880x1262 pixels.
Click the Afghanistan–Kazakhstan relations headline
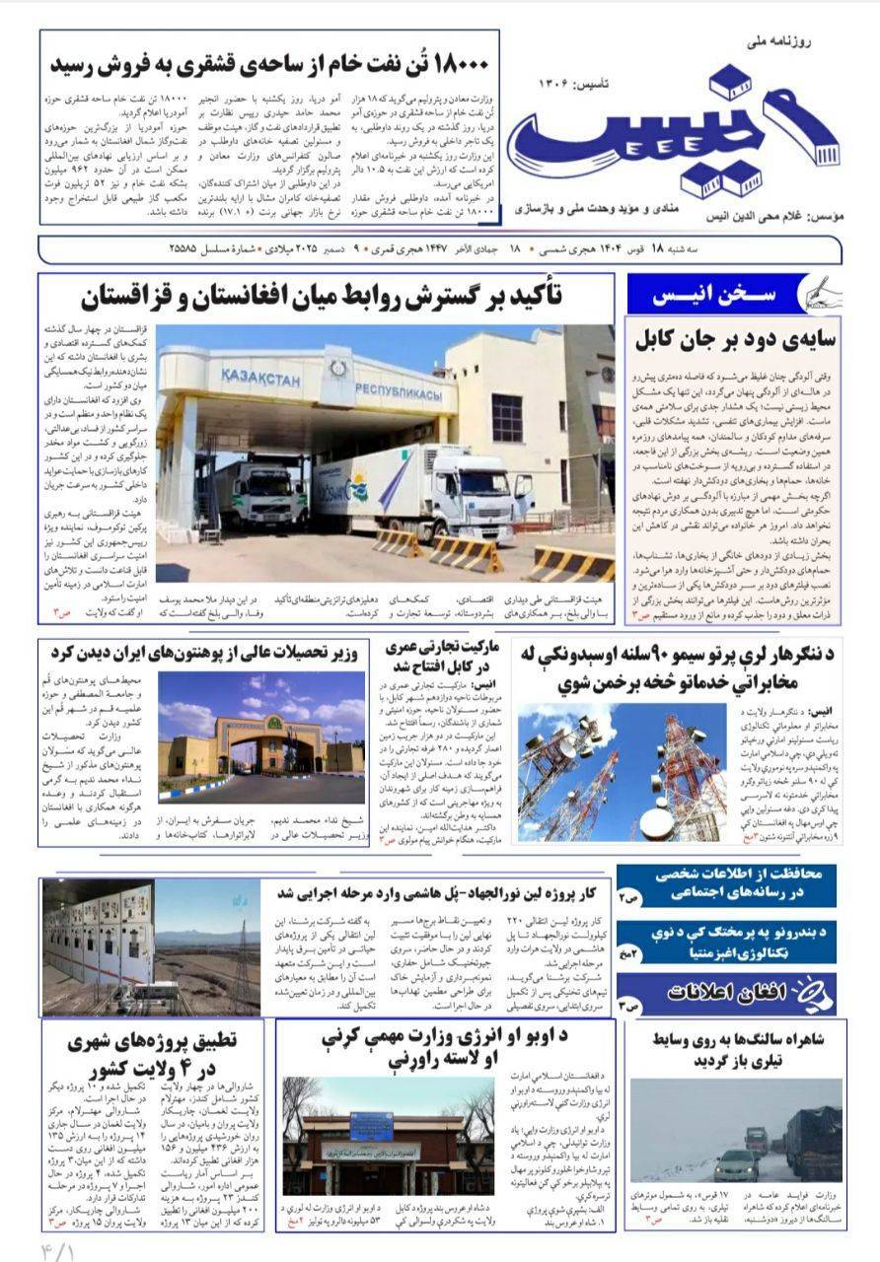(x=326, y=295)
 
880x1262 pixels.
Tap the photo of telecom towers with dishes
(x=622, y=771)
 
